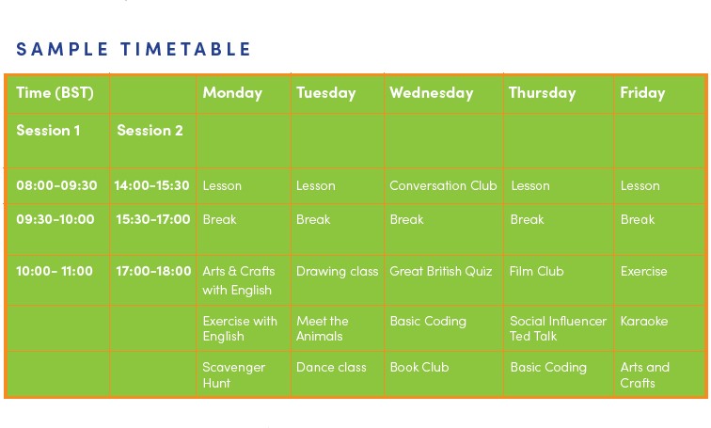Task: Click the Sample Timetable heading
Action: [134, 49]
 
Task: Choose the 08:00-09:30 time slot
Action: [56, 185]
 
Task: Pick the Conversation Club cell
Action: [443, 185]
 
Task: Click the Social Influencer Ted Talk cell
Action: [558, 328]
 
